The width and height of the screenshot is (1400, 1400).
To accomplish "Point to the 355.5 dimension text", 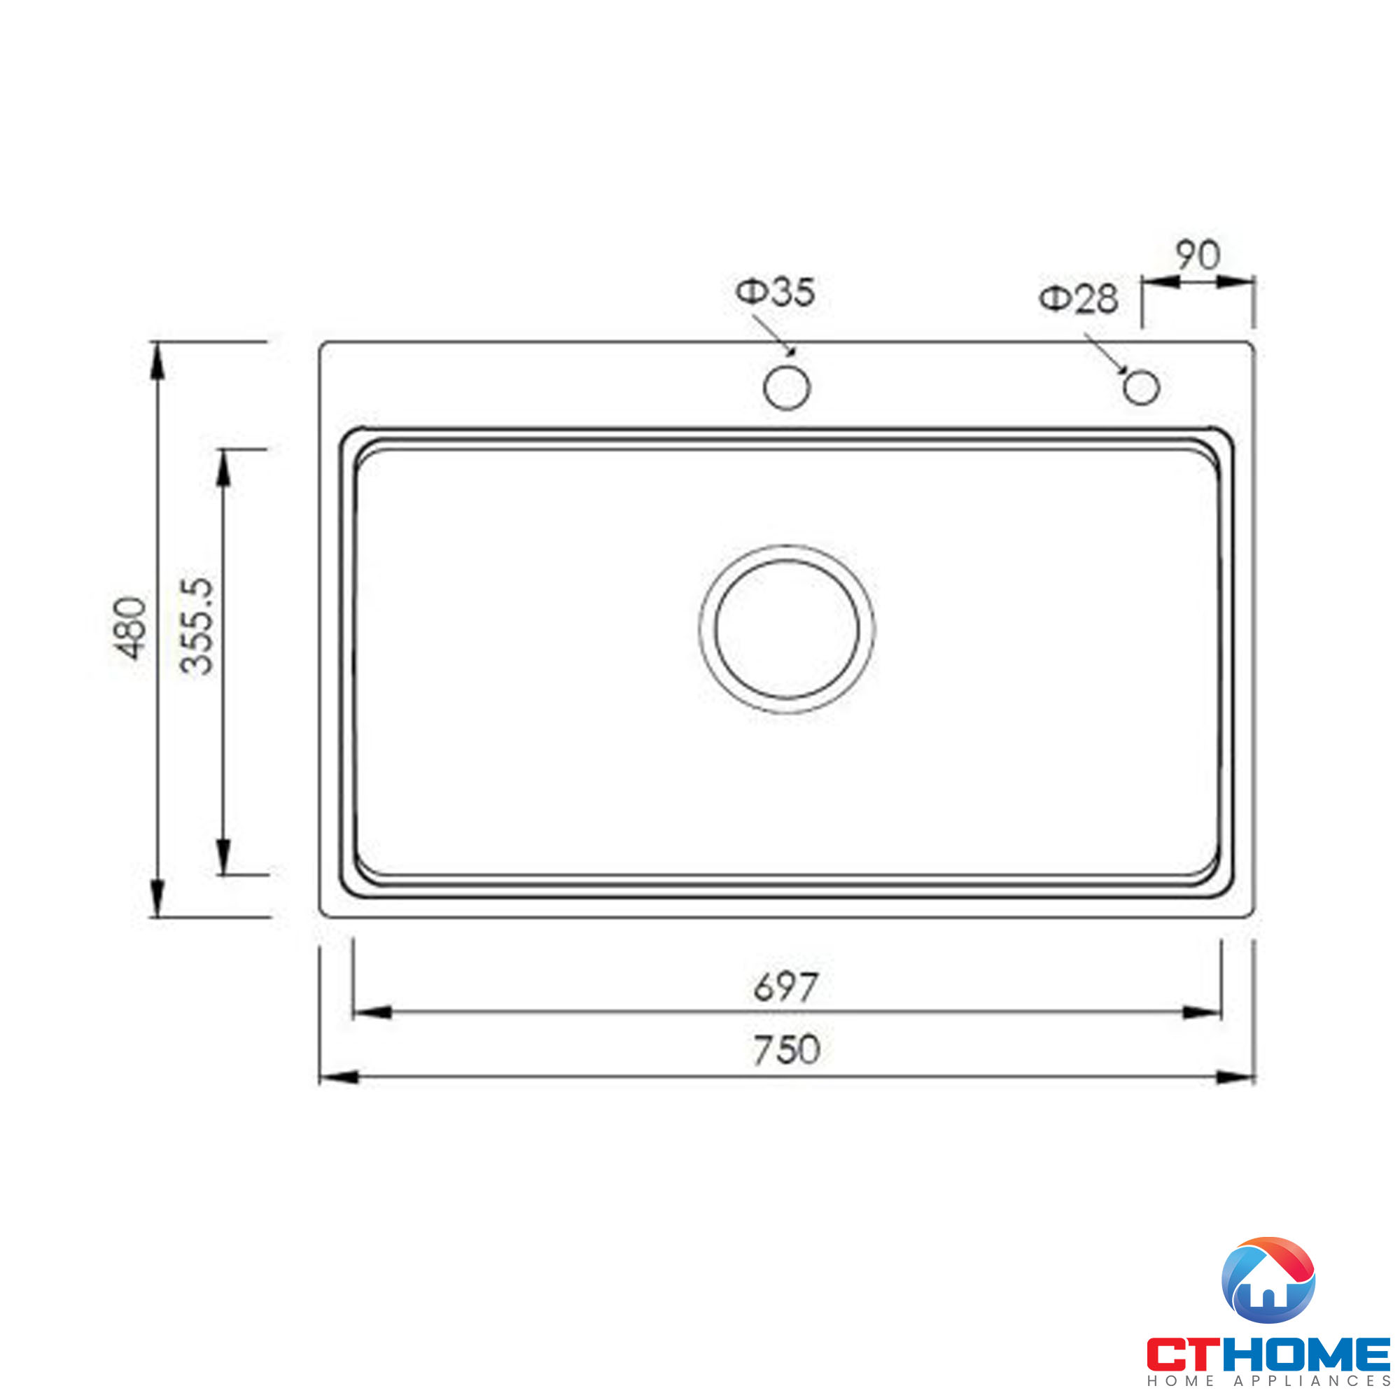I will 197,626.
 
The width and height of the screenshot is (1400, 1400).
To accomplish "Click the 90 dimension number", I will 1198,255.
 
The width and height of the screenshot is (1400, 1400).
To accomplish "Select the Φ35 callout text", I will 776,292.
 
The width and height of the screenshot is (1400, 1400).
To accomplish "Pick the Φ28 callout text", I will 1079,299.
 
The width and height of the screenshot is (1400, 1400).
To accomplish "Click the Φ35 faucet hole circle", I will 786,388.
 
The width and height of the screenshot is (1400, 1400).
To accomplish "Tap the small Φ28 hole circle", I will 1141,387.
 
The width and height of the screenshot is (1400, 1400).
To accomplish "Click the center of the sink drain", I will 787,629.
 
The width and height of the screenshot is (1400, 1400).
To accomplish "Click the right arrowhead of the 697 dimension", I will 1202,1012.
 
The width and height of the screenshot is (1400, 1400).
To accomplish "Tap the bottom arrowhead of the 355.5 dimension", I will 223,856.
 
